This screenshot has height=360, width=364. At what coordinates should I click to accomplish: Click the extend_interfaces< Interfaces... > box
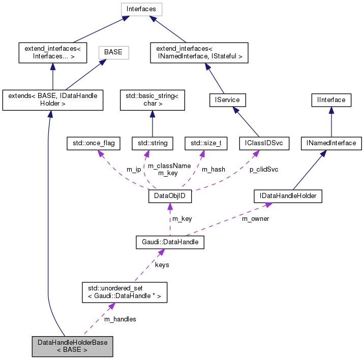tap(53, 53)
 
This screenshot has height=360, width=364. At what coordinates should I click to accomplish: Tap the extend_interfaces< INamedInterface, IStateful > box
tap(199, 53)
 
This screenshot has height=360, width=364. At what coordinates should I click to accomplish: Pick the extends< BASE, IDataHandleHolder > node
tap(53, 100)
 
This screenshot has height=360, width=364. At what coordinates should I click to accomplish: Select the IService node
tap(227, 100)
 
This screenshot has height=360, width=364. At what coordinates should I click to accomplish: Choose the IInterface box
tap(331, 100)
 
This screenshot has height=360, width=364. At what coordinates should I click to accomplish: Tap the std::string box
tap(153, 144)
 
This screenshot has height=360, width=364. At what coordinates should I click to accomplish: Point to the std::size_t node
tap(206, 144)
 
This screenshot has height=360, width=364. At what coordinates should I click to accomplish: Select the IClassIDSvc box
tap(264, 144)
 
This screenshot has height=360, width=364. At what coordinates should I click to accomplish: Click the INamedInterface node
tap(331, 144)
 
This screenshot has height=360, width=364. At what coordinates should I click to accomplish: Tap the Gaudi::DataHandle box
tap(170, 243)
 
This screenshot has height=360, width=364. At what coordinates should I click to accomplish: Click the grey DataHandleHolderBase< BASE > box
tap(72, 346)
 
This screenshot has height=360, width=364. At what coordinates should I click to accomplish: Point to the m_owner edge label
tap(255, 219)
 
